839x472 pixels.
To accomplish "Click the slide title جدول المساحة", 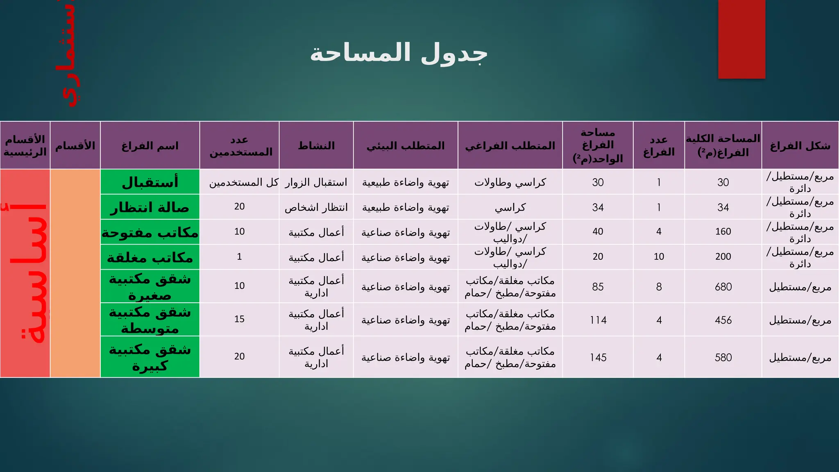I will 399,54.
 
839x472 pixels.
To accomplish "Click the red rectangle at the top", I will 741,39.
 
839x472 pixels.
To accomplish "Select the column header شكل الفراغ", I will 800,146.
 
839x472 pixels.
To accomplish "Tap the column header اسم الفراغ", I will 150,146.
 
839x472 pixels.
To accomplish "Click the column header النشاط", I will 316,146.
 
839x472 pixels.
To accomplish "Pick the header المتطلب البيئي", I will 405,146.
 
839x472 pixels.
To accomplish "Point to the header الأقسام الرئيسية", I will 25,146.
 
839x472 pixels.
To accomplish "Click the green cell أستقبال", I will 150,182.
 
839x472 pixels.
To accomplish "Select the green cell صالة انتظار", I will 150,207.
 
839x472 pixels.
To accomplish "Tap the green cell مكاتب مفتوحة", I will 150,232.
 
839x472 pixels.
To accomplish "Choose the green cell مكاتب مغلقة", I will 150,257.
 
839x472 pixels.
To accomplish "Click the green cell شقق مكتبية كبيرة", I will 150,357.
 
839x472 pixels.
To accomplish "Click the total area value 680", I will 723,287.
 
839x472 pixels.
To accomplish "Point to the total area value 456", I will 723,320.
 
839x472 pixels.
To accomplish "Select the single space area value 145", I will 598,357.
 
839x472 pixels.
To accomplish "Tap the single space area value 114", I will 598,320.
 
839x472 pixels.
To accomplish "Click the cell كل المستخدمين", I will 243,182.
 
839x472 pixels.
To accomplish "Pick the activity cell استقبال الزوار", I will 316,182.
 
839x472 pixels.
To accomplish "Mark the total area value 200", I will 723,256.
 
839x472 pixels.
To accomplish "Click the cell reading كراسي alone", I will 510,207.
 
